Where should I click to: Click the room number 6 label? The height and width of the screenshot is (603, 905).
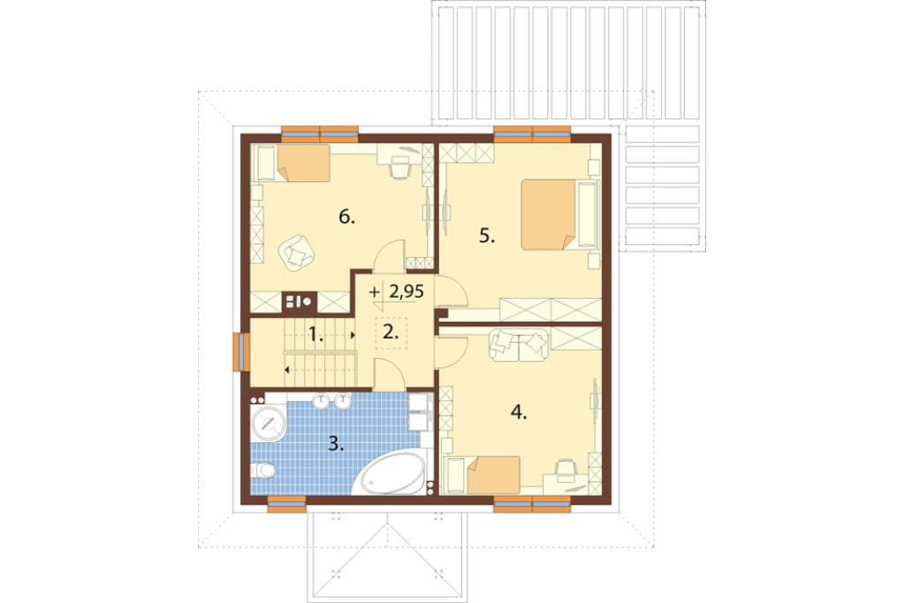pos(346,218)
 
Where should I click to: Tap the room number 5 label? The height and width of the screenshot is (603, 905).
pos(487,236)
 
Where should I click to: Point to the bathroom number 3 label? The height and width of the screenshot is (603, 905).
pos(337,444)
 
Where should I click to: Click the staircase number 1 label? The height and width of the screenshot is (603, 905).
pos(316,334)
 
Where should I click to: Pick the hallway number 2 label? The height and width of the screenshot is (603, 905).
pos(391,332)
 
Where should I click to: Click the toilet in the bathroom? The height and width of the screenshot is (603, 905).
pos(263,470)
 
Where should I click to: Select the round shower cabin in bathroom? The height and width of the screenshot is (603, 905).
pos(269,423)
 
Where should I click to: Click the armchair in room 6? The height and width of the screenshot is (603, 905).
pos(297,252)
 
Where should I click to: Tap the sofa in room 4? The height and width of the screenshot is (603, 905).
pos(518,345)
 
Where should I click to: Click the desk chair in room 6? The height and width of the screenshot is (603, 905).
pos(399,169)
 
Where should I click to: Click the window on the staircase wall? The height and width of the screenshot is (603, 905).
pos(240,352)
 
